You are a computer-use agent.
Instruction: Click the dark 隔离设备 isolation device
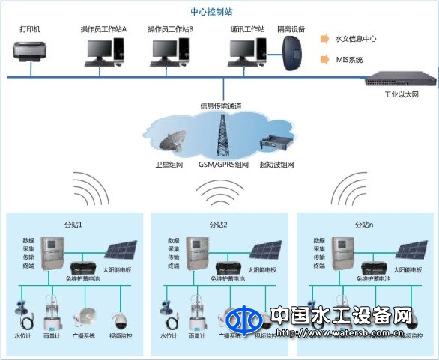tap(291, 52)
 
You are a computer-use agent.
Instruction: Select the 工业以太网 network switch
tap(394, 81)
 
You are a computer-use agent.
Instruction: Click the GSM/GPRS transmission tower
tap(222, 135)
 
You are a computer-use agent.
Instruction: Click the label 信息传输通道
tap(220, 106)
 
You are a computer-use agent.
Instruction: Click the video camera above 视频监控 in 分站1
tap(119, 320)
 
